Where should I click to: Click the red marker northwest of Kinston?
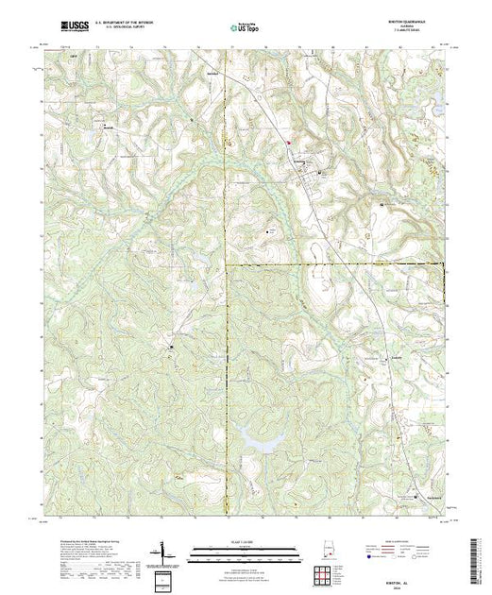click(289, 144)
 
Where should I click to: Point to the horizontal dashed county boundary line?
click(331, 262)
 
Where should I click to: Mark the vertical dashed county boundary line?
click(226, 378)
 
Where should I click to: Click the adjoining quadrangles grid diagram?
click(325, 572)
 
